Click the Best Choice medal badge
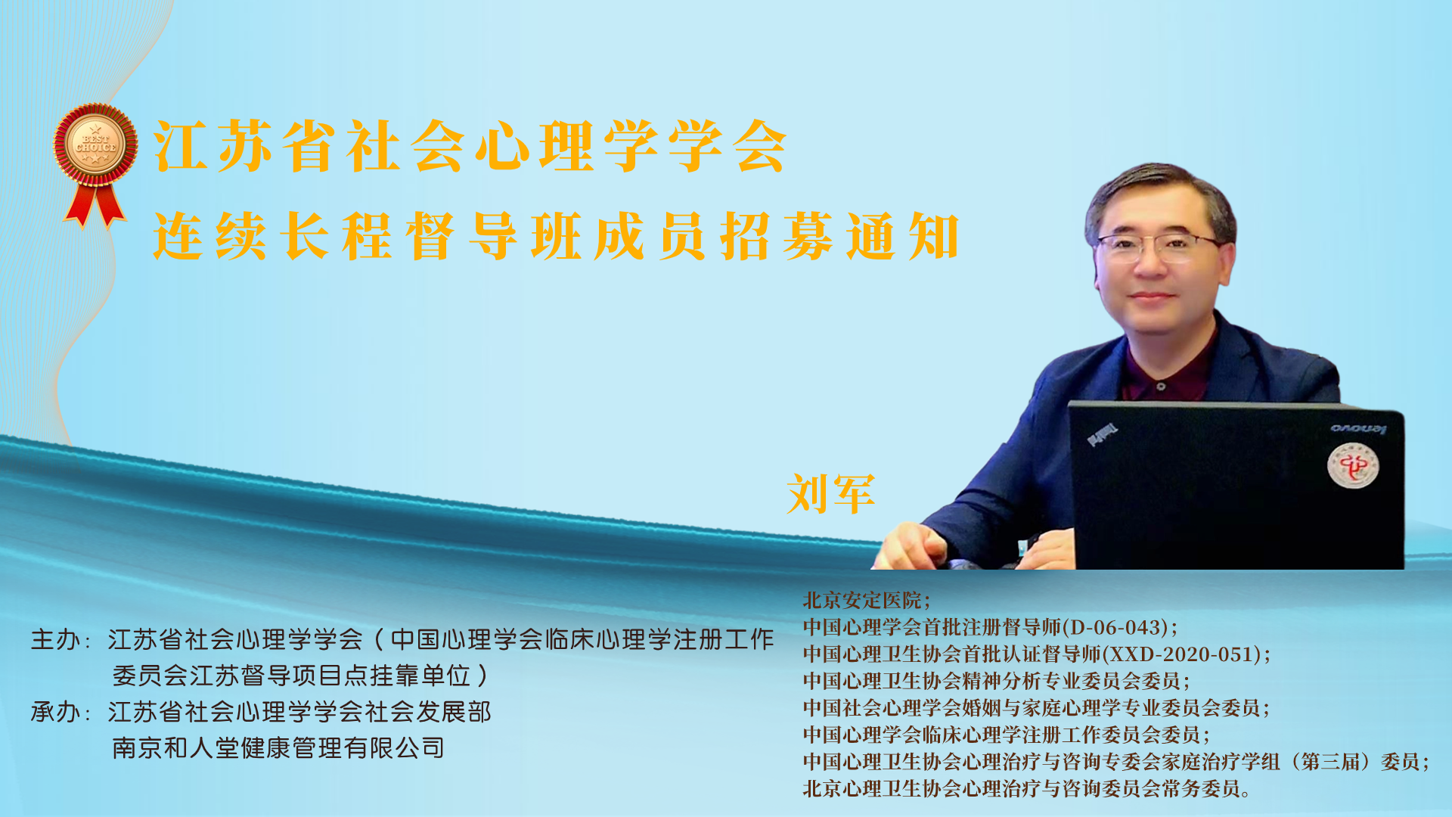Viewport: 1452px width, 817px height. click(x=95, y=145)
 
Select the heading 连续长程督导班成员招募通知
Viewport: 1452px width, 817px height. click(x=557, y=236)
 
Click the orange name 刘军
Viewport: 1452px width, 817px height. click(x=831, y=494)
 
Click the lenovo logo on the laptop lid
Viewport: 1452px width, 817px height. click(x=1358, y=429)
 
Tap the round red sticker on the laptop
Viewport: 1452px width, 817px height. click(x=1353, y=465)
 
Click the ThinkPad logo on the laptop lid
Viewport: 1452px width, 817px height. click(x=1103, y=434)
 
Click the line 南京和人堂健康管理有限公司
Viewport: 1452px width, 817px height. click(x=278, y=748)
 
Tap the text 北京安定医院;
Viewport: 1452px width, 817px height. click(x=867, y=601)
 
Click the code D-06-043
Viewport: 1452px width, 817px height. click(x=1115, y=627)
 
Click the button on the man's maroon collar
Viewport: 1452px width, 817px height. click(x=1162, y=386)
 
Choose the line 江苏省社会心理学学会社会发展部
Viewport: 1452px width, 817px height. click(x=299, y=712)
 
